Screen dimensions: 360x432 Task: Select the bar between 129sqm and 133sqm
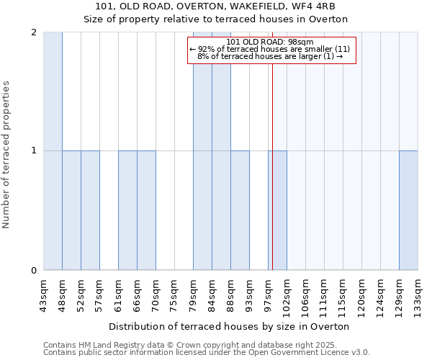pos(408,210)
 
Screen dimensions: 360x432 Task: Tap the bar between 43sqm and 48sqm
pos(53,151)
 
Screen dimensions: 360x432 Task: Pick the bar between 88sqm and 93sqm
pos(240,210)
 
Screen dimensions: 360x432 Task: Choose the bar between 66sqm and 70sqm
pos(146,210)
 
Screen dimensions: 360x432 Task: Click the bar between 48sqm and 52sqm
pos(71,210)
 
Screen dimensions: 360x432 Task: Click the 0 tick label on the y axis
pos(34,271)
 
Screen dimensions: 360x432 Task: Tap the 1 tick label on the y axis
pos(34,151)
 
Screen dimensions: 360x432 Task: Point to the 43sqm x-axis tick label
pos(44,295)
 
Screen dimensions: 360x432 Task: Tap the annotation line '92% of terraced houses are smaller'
pos(269,49)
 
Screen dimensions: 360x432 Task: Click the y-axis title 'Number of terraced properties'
pos(6,155)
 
